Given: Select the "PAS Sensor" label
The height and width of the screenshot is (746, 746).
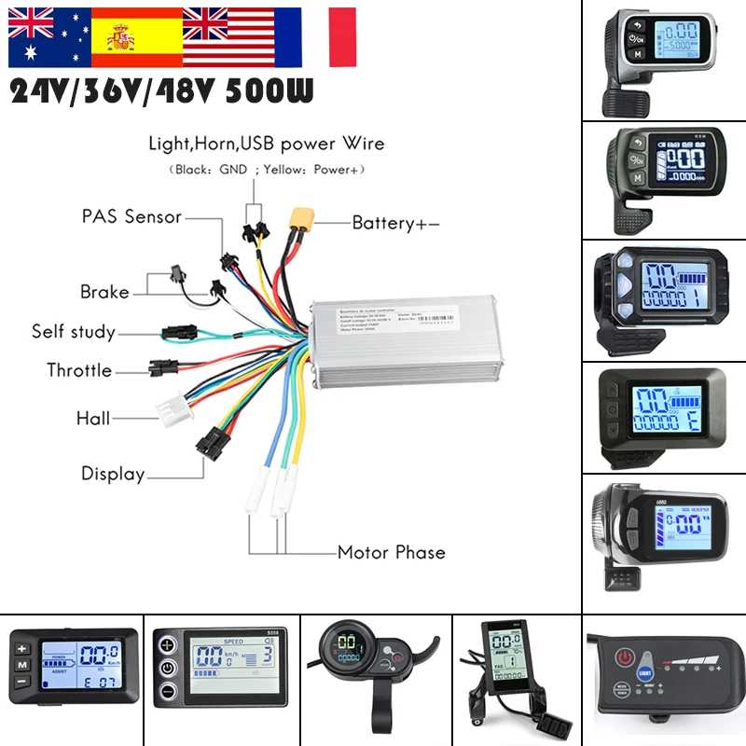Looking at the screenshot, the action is tap(131, 216).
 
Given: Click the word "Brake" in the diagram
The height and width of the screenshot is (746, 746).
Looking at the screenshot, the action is tap(104, 292).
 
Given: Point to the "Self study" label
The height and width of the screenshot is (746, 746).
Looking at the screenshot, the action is tap(74, 332).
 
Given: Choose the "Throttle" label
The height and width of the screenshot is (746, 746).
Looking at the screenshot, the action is tap(79, 370).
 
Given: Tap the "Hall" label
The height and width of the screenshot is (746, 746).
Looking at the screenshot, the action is tap(93, 419).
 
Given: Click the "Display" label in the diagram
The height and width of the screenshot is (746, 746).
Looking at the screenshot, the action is tap(113, 474).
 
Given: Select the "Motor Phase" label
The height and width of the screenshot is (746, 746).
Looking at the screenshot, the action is tap(392, 552).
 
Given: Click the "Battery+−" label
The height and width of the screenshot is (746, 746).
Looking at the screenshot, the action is tap(395, 223).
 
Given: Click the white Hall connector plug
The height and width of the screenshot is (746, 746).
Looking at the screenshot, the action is tap(173, 409).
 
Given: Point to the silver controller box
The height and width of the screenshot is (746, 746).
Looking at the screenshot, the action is tap(410, 341).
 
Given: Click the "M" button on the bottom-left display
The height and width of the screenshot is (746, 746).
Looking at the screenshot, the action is tap(22, 666).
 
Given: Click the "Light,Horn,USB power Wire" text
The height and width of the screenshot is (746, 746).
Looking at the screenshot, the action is tap(267, 144).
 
